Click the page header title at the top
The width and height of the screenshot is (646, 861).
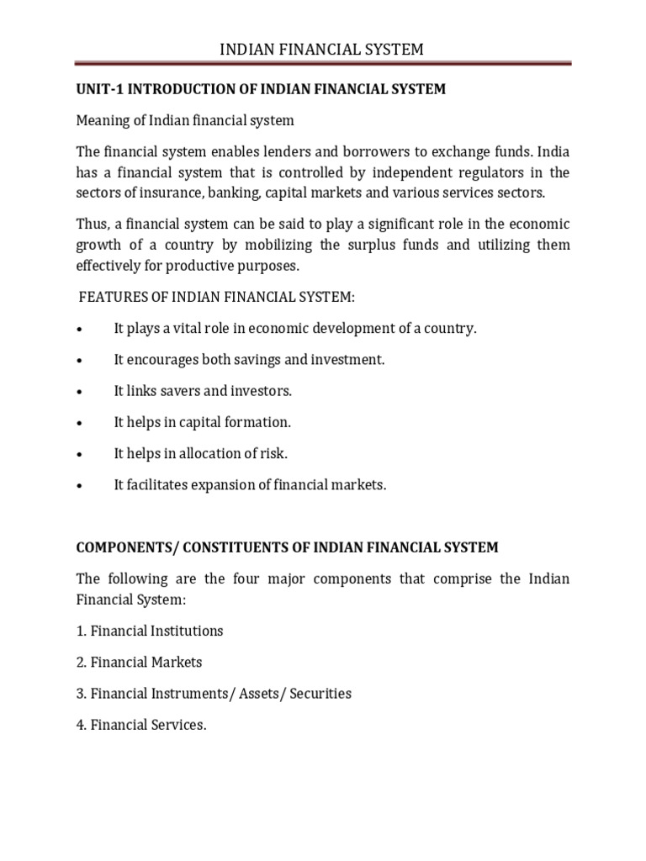pyautogui.click(x=322, y=50)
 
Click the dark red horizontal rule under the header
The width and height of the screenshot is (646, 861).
pyautogui.click(x=322, y=63)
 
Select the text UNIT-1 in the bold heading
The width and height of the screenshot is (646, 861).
pyautogui.click(x=98, y=89)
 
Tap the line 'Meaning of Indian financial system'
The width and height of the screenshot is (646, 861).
pyautogui.click(x=185, y=120)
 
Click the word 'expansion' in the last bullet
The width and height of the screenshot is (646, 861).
pyautogui.click(x=215, y=485)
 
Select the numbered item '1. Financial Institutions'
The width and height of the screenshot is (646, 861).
pyautogui.click(x=150, y=630)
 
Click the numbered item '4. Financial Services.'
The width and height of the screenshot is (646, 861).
pyautogui.click(x=141, y=725)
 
